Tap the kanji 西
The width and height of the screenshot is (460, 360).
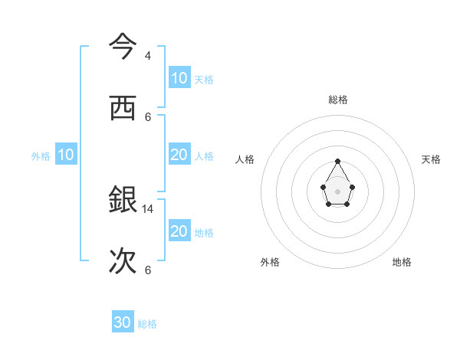122,108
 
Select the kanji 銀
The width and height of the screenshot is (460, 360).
122,200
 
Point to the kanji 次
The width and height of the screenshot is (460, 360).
122,261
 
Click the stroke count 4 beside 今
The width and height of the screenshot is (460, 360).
148,56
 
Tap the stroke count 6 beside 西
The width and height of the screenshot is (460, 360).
148,117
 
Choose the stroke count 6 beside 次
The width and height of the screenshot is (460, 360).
148,270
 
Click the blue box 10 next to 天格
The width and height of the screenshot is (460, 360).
179,78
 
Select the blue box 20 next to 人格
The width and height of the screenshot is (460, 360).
179,155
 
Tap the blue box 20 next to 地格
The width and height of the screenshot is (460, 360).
179,231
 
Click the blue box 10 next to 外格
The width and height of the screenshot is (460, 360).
66,155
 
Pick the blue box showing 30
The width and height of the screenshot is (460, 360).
123,322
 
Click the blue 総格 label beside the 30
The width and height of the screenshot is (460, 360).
147,324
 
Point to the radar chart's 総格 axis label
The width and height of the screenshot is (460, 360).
338,100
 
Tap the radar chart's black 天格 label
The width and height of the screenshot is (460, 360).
431,159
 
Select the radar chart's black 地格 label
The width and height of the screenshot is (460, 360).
402,262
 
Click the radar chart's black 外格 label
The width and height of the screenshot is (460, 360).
270,262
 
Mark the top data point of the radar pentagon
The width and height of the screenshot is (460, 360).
337,161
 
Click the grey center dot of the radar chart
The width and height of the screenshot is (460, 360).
337,191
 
